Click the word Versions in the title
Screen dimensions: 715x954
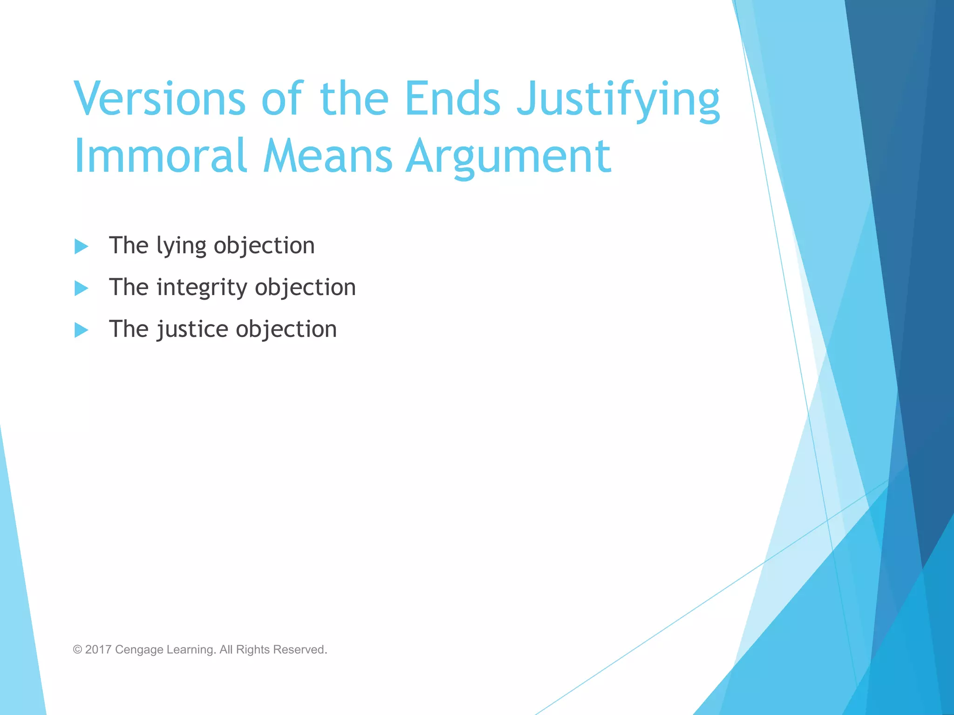(159, 99)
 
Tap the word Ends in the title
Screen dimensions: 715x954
(452, 99)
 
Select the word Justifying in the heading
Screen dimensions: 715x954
(619, 101)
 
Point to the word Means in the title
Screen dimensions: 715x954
(327, 156)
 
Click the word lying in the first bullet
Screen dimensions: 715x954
(181, 246)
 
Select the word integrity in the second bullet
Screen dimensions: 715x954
(201, 288)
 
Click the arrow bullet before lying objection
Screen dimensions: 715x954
(81, 246)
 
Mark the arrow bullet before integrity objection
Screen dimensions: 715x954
(81, 288)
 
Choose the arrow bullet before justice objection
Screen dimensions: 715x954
(81, 330)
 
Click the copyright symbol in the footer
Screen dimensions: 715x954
(77, 649)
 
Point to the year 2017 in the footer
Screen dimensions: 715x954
(98, 649)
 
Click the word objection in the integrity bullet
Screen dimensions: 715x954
(306, 288)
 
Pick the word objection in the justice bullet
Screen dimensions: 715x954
(286, 330)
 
